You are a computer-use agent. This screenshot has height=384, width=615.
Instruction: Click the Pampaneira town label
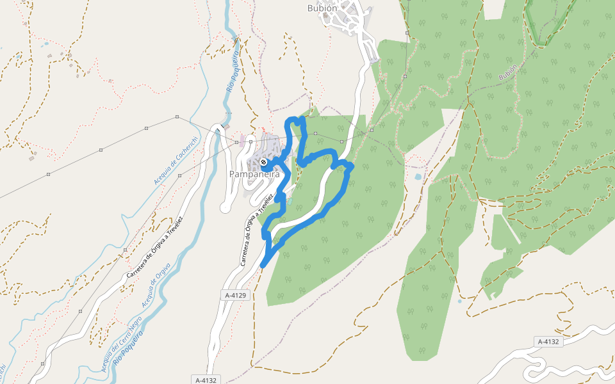point(250,174)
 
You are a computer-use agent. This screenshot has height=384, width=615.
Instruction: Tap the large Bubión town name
point(322,8)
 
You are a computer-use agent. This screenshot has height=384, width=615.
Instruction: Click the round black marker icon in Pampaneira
point(263,162)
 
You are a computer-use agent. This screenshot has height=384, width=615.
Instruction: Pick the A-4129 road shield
point(236,295)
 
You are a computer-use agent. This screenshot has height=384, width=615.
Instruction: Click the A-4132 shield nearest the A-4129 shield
point(204,380)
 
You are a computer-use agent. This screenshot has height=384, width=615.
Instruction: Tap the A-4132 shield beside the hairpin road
point(548,342)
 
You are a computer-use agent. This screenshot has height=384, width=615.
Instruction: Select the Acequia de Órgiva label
point(156,283)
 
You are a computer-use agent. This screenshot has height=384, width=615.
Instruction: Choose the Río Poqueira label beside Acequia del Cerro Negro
point(127,349)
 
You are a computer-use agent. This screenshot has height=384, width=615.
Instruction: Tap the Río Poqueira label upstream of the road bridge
point(232,74)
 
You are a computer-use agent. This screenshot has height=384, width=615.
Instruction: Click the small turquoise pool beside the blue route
point(290,201)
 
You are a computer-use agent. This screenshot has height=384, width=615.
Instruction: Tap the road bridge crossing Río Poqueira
point(220,128)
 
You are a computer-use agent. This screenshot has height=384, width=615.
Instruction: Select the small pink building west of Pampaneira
point(242,142)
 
